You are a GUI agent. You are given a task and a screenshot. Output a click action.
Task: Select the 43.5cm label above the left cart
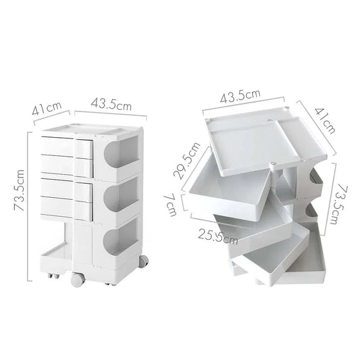click(111, 105)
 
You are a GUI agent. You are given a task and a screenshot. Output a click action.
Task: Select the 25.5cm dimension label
click(217, 234)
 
